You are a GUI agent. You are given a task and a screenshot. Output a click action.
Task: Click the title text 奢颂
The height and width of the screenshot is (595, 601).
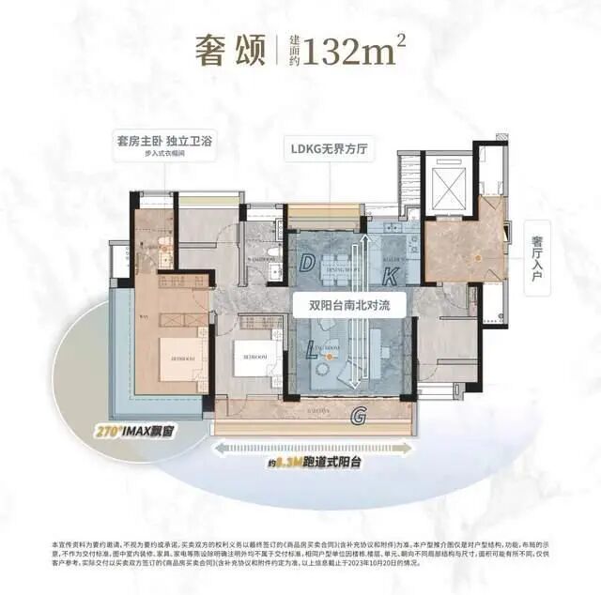(x=228, y=48)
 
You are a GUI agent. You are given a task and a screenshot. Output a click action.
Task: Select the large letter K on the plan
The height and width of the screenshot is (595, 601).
(x=392, y=275)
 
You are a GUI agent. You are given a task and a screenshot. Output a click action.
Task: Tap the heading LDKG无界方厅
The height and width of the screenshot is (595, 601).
(x=325, y=146)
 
